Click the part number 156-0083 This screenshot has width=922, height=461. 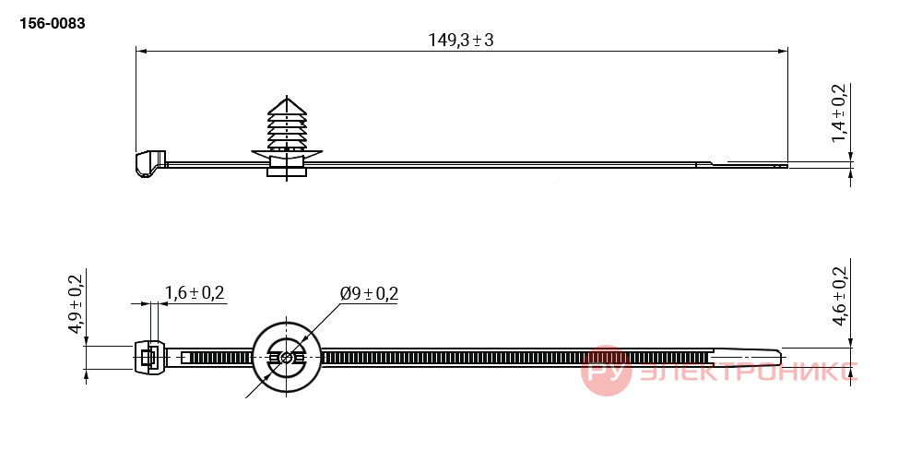53,24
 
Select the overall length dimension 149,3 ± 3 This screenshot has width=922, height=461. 460,40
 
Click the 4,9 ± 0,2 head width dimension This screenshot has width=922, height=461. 77,303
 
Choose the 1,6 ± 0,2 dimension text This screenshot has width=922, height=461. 195,292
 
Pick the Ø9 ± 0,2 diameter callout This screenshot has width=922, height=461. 370,293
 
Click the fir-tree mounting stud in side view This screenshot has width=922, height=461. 287,136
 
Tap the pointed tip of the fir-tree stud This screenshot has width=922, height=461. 287,98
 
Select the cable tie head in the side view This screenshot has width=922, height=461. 150,163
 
